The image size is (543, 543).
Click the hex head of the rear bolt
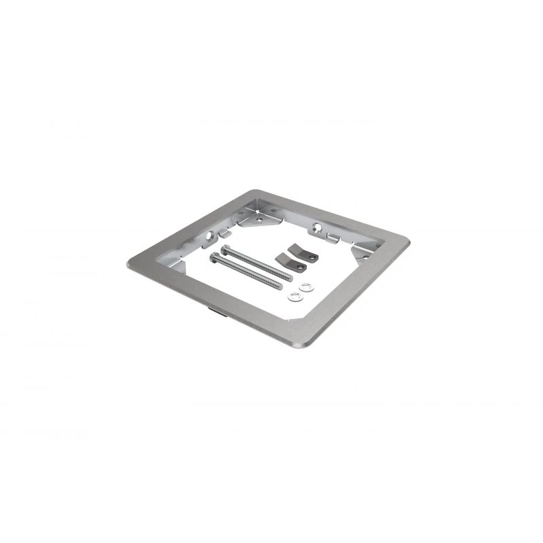pyautogui.click(x=225, y=249)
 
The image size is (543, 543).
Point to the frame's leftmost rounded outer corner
pyautogui.click(x=129, y=263)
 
